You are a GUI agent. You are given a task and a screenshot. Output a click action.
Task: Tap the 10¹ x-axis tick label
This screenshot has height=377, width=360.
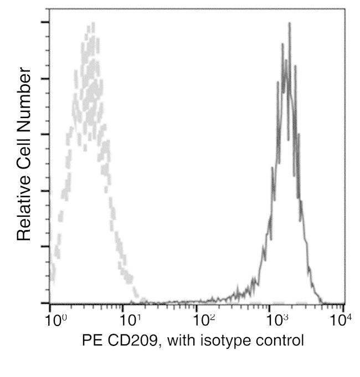pos(131,320)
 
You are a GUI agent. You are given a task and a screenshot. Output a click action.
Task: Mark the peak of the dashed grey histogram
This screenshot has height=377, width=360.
pos(91,24)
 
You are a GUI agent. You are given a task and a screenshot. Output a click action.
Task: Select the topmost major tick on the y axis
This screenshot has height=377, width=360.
pos(44,22)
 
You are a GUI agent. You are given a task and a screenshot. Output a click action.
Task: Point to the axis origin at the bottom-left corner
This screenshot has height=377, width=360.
pos(50,303)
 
